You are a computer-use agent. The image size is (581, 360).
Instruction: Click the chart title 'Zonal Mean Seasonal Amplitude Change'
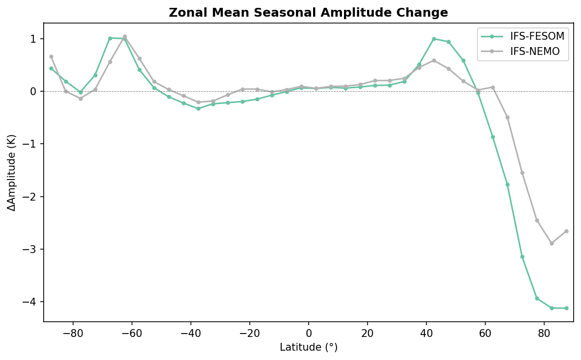[308, 13]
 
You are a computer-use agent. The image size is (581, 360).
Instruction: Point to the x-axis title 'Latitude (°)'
[308, 347]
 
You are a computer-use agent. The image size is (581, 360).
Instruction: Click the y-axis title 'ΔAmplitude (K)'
[11, 172]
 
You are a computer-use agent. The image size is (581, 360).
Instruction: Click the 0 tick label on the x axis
[309, 334]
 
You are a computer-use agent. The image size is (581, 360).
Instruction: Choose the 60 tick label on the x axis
[485, 334]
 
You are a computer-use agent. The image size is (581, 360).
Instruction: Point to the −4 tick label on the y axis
[30, 302]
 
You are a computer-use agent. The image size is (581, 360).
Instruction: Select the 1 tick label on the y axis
[33, 39]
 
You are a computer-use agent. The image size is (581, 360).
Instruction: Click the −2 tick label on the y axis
[30, 197]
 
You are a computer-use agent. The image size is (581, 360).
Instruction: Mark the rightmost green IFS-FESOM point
[566, 308]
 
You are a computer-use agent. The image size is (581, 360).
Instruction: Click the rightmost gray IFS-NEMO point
[566, 231]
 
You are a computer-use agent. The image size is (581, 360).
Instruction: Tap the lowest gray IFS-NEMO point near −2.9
[552, 243]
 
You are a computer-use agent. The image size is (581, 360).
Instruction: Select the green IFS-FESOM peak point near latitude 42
[434, 39]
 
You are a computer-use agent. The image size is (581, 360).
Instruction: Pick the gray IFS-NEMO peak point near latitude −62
[125, 37]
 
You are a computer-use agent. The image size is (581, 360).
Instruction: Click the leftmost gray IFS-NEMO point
[51, 56]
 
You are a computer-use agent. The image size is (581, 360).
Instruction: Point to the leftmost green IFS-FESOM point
[51, 68]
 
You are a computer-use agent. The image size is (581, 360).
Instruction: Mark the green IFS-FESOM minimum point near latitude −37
[198, 108]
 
